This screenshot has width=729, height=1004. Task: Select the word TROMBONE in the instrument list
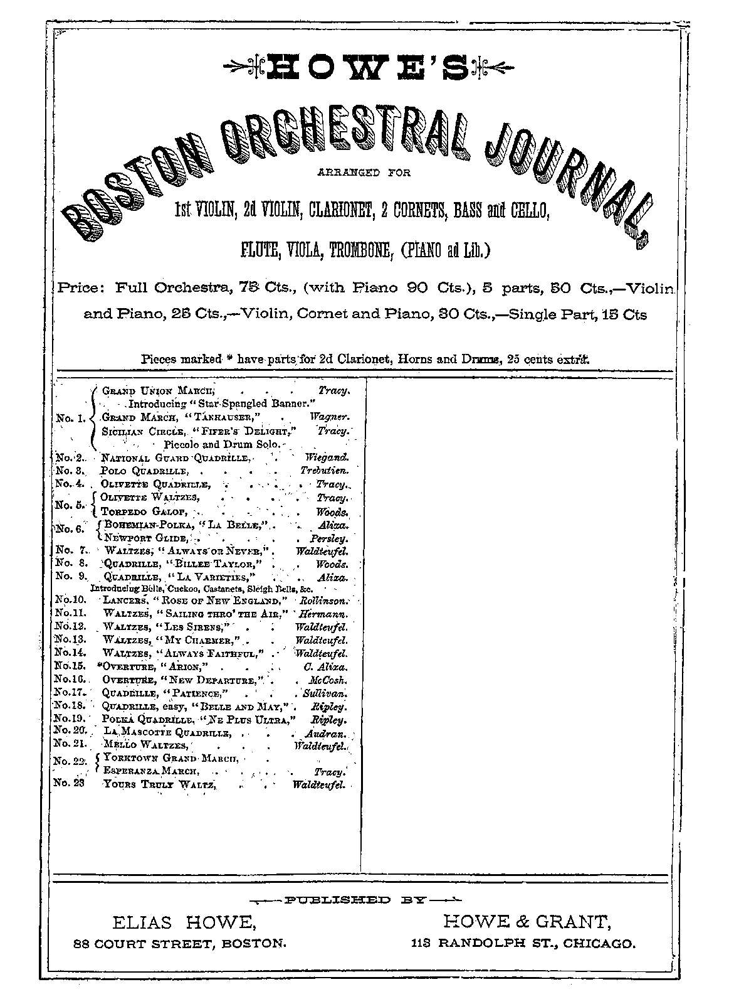[x=364, y=251]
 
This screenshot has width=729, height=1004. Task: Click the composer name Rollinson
[x=325, y=602]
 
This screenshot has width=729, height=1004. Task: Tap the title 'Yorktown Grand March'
[x=171, y=758]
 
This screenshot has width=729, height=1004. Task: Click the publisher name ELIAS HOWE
[x=184, y=922]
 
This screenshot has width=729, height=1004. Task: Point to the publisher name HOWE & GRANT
[x=527, y=921]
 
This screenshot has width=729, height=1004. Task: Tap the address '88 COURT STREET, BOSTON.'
[x=181, y=943]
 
